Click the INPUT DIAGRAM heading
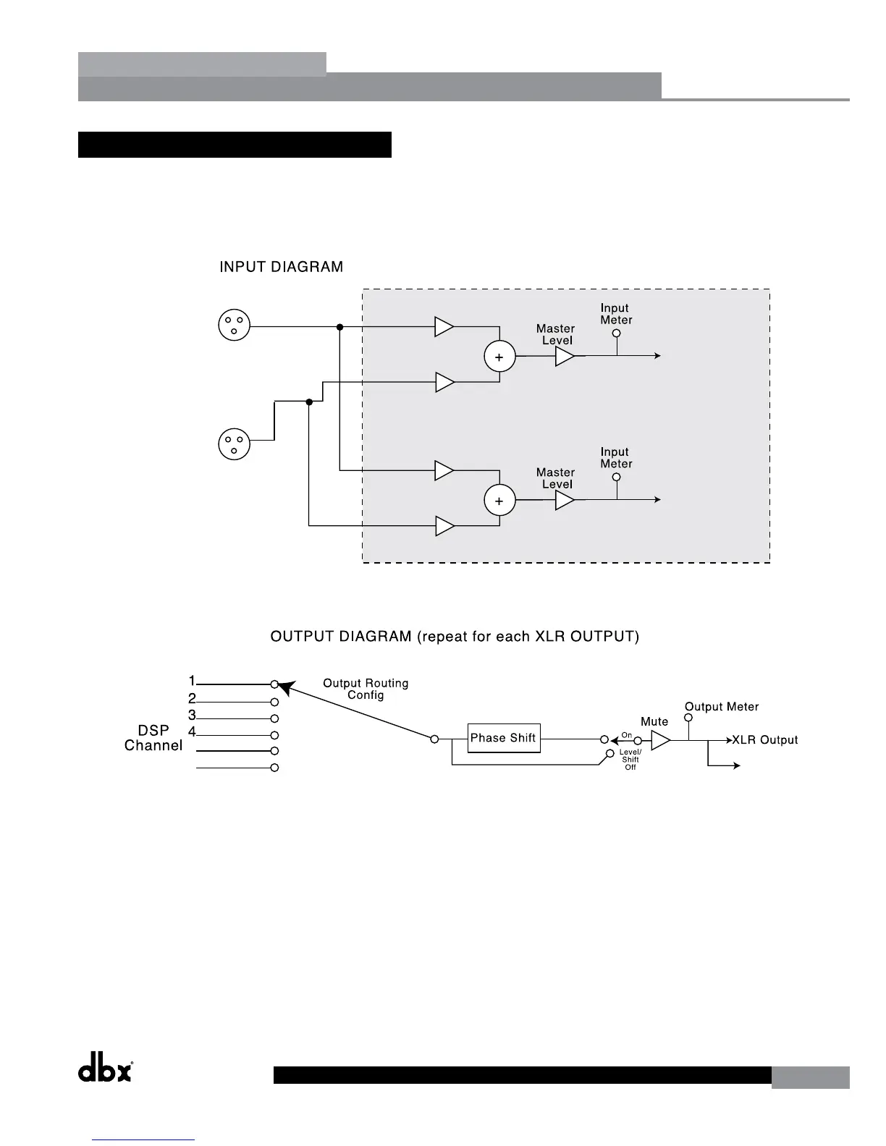281,267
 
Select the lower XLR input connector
234,443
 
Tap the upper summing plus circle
499,357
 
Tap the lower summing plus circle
499,501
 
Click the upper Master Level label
555,334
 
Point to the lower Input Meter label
616,458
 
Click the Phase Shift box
503,738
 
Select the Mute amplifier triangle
660,740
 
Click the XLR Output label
764,740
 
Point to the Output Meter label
722,707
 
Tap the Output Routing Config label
366,689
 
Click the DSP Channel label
153,739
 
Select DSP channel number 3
193,716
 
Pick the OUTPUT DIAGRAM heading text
455,637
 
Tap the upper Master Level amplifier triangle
564,356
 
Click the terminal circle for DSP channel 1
274,684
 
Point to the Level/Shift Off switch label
630,760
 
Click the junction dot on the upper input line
339,326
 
